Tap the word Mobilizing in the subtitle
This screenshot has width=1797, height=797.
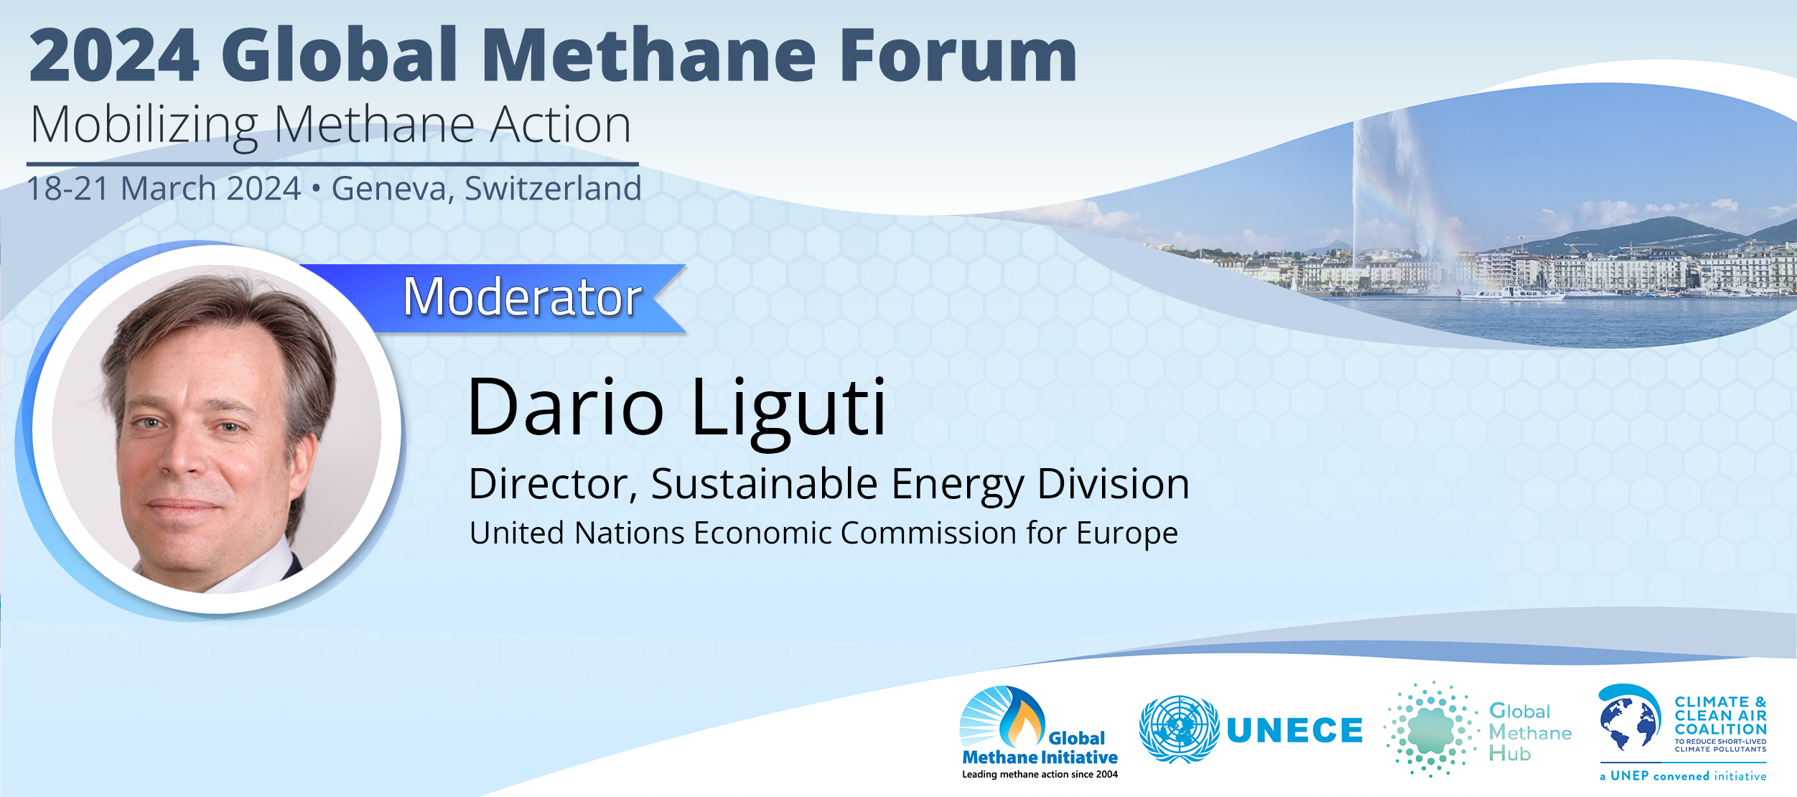tap(144, 126)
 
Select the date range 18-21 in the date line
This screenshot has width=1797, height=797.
tap(67, 189)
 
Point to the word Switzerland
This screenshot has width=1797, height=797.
tap(553, 189)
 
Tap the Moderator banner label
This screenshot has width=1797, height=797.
tap(522, 297)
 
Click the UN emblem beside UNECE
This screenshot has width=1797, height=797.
tap(1179, 730)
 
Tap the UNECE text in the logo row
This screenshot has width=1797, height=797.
tap(1294, 731)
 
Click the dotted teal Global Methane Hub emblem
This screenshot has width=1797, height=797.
tap(1431, 730)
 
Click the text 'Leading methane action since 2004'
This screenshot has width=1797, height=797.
tap(1040, 775)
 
